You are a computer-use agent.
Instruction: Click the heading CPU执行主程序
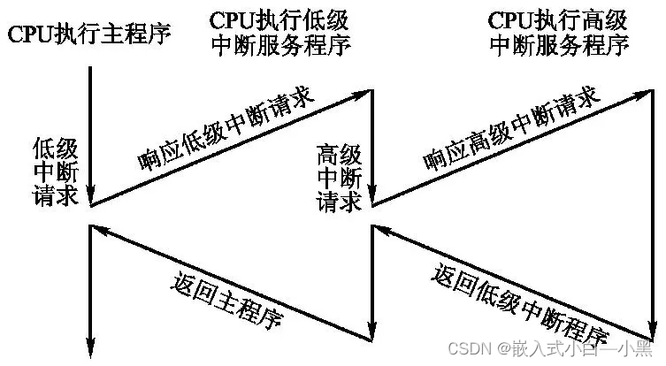(x=88, y=34)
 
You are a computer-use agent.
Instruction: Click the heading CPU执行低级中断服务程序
(x=279, y=33)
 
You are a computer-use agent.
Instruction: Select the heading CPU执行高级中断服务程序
(x=559, y=33)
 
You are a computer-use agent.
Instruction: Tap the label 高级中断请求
(x=339, y=178)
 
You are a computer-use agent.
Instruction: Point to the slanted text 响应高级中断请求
(x=508, y=127)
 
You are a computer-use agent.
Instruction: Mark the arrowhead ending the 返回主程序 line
(x=98, y=229)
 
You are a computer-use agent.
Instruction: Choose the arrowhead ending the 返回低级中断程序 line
(x=382, y=229)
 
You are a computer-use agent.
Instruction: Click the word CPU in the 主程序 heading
(x=27, y=34)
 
